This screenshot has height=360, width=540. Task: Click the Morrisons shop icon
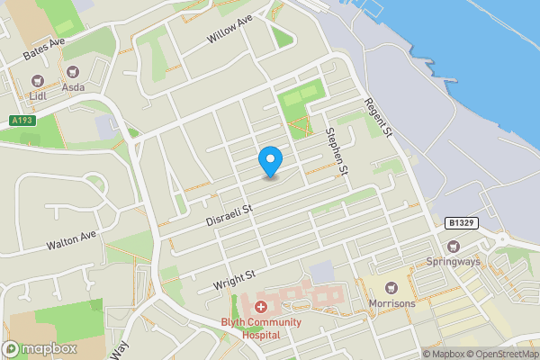click(391, 288)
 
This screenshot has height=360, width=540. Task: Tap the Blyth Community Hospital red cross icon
click(260, 307)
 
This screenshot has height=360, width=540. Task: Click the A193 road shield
click(22, 121)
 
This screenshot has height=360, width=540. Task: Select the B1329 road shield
click(460, 222)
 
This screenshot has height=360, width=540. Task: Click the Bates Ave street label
click(46, 49)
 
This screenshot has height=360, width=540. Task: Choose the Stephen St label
click(336, 150)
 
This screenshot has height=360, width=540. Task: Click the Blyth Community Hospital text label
click(260, 326)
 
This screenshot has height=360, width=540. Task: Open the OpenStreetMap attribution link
click(502, 354)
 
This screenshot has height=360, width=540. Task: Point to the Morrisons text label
click(391, 303)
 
